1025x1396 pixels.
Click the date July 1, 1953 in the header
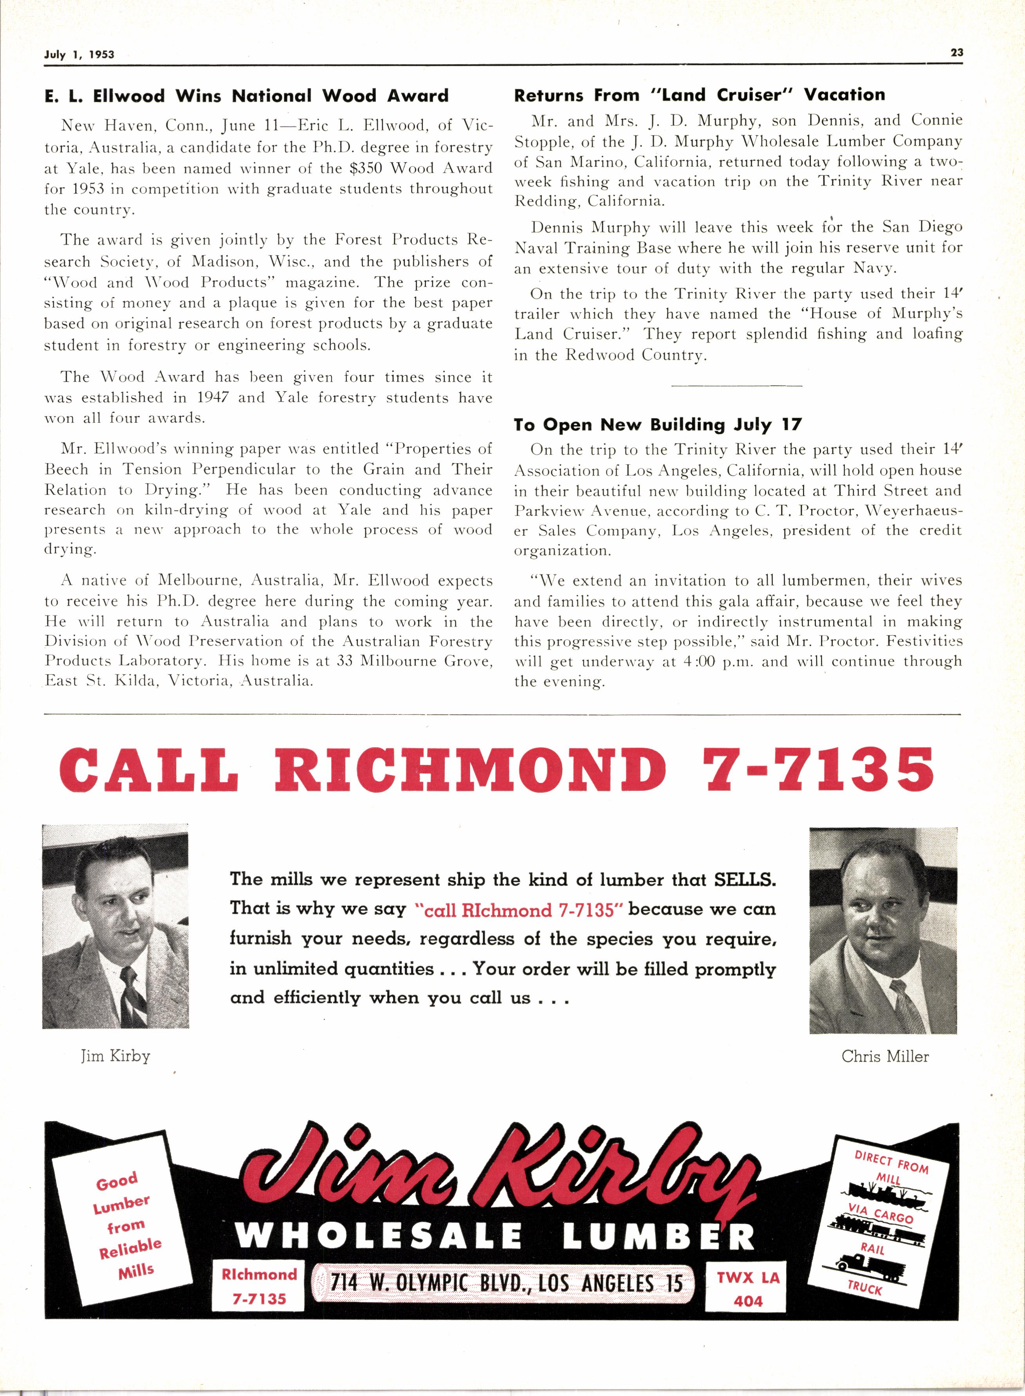(79, 54)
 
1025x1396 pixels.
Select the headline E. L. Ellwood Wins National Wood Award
(246, 96)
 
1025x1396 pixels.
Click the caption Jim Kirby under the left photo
(115, 1056)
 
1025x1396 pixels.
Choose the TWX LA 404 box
(748, 1288)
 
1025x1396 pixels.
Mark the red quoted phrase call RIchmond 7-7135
(519, 909)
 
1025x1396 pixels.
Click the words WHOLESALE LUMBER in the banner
(494, 1236)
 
